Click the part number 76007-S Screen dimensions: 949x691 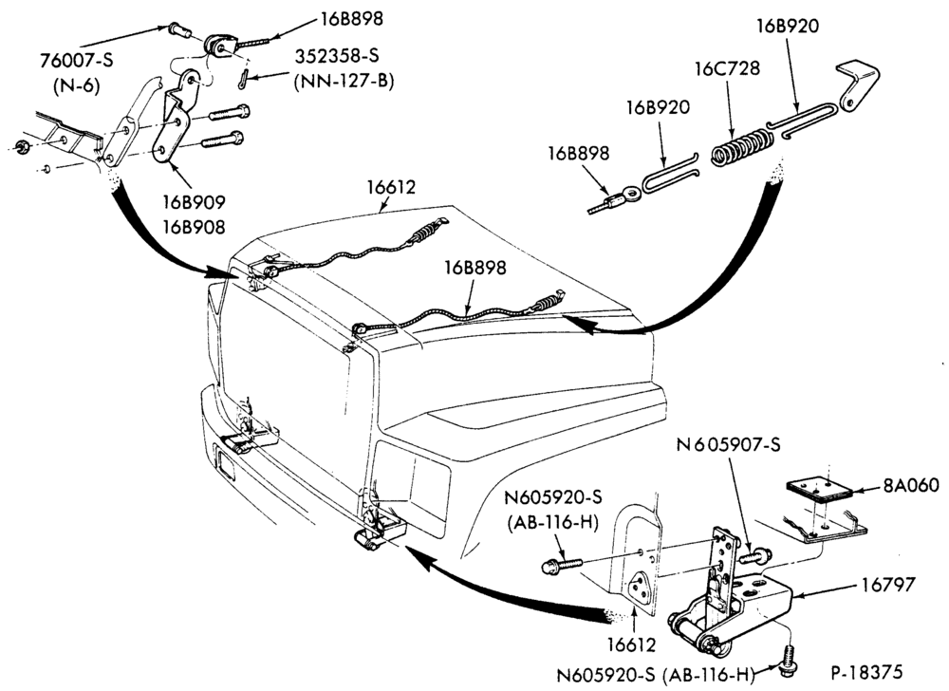coord(77,61)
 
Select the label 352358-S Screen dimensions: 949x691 coord(337,56)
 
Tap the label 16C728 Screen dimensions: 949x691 coord(727,67)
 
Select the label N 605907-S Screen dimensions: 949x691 coord(729,445)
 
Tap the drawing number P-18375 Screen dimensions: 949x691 coord(866,672)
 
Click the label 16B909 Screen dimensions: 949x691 coord(193,201)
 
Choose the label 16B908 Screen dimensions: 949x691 coord(193,227)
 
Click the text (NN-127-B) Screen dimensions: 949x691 coord(344,82)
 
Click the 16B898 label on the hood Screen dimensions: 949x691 coord(475,268)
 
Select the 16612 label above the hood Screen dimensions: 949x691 coord(391,187)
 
